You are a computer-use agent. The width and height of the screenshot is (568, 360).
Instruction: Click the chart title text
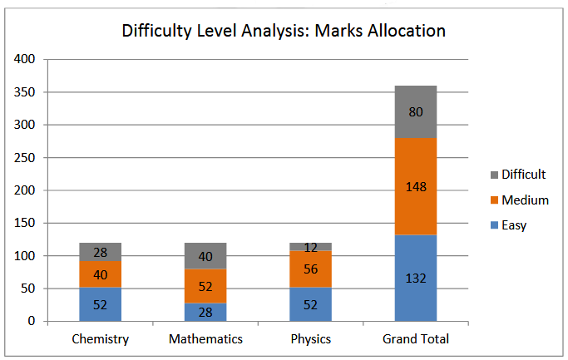[284, 32]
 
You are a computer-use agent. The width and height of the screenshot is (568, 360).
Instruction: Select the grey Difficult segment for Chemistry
[101, 252]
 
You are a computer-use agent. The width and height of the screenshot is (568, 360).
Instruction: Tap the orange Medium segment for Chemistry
[101, 274]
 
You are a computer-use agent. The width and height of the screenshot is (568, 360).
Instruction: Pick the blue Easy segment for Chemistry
[101, 304]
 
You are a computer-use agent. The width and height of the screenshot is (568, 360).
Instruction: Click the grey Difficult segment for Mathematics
[205, 256]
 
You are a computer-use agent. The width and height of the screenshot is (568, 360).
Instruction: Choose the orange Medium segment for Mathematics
[205, 286]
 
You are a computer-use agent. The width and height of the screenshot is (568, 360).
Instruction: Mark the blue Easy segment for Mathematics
[205, 312]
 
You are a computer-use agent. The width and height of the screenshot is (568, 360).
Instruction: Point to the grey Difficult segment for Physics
[310, 247]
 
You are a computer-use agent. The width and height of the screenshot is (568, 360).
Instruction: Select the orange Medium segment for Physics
[310, 269]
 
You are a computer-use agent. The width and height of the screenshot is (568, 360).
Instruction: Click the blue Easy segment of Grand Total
[415, 279]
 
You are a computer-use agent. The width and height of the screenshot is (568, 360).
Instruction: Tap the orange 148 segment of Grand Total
[415, 186]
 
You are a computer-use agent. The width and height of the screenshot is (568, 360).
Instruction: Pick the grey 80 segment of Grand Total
[415, 111]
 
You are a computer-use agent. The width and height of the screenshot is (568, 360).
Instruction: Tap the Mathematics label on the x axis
[205, 339]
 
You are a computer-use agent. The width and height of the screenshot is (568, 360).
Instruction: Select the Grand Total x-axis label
[415, 339]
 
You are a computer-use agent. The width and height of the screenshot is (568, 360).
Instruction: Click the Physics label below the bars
[310, 339]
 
